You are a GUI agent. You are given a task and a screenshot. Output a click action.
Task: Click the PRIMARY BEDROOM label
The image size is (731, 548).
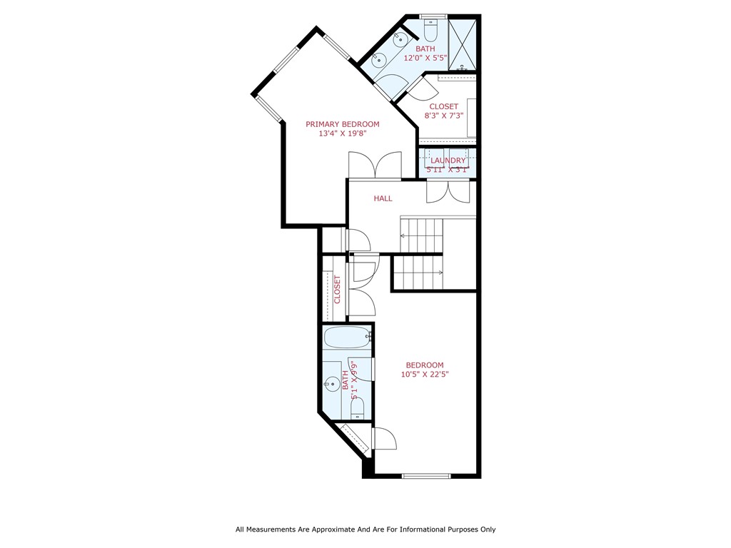pyautogui.click(x=343, y=124)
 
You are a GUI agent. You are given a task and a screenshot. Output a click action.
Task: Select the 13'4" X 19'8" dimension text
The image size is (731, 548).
pyautogui.click(x=343, y=133)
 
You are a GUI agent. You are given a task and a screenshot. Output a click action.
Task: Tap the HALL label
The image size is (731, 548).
pyautogui.click(x=383, y=198)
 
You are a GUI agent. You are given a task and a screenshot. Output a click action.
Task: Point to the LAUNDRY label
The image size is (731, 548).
pyautogui.click(x=448, y=161)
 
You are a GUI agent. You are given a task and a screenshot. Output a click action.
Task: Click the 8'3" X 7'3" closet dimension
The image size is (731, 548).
pyautogui.click(x=444, y=116)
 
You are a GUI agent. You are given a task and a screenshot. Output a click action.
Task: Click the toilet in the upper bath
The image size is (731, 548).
pyautogui.click(x=431, y=31)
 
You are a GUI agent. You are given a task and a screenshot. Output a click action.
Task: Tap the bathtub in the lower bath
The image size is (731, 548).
pyautogui.click(x=346, y=336)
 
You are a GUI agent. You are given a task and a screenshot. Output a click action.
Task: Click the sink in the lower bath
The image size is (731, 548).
pyautogui.click(x=331, y=385)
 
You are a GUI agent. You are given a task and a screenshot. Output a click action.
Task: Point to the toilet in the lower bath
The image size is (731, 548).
pyautogui.click(x=358, y=409)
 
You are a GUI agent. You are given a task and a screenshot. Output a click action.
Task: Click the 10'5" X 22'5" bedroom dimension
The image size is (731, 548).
pyautogui.click(x=425, y=374)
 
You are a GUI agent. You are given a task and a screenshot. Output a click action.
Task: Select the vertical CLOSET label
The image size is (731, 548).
pyautogui.click(x=337, y=289)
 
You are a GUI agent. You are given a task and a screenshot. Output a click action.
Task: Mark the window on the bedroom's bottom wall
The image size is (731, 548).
pyautogui.click(x=426, y=475)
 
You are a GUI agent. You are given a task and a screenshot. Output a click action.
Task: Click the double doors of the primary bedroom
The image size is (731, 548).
pyautogui.click(x=375, y=166)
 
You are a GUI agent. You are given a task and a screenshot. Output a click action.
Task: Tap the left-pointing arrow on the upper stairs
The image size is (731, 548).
pyautogui.click(x=404, y=235)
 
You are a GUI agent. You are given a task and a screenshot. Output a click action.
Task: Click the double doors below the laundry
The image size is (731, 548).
pyautogui.click(x=448, y=191)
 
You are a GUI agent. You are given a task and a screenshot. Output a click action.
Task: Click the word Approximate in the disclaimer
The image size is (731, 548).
pyautogui.click(x=323, y=529)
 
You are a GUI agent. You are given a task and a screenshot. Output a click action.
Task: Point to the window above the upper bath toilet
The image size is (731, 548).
pyautogui.click(x=433, y=16)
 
